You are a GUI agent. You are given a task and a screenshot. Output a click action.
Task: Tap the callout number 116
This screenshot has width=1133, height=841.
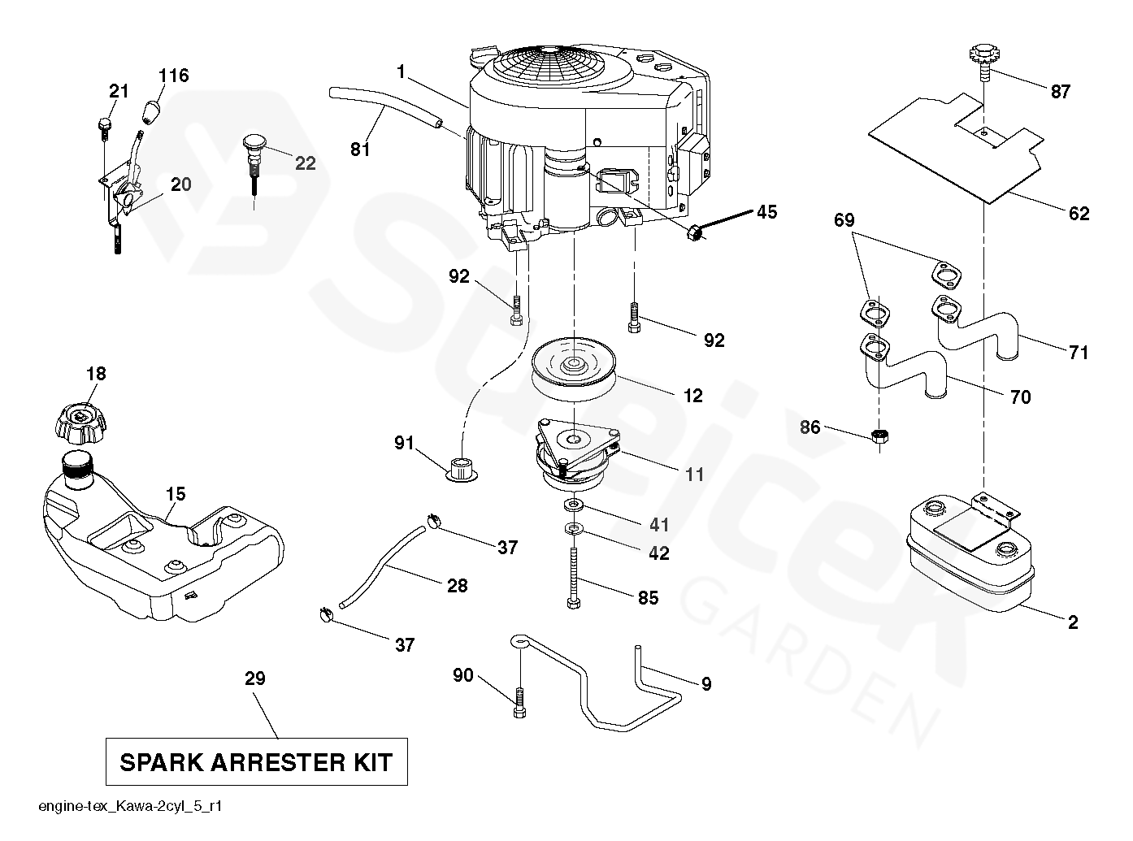click(173, 76)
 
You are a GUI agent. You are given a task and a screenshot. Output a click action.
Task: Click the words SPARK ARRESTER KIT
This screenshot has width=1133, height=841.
click(256, 762)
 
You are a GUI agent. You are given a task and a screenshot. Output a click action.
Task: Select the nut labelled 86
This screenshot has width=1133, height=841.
click(879, 437)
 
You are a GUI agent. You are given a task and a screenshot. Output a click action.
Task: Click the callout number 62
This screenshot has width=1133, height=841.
click(1079, 214)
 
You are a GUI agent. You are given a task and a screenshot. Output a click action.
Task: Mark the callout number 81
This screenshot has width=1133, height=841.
click(360, 150)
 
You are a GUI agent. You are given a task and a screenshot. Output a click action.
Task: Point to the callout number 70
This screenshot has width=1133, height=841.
click(1019, 397)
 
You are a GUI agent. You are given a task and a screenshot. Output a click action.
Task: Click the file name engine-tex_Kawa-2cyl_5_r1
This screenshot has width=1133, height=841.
click(131, 807)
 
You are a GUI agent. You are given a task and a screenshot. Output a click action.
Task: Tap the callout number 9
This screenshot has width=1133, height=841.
click(705, 684)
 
